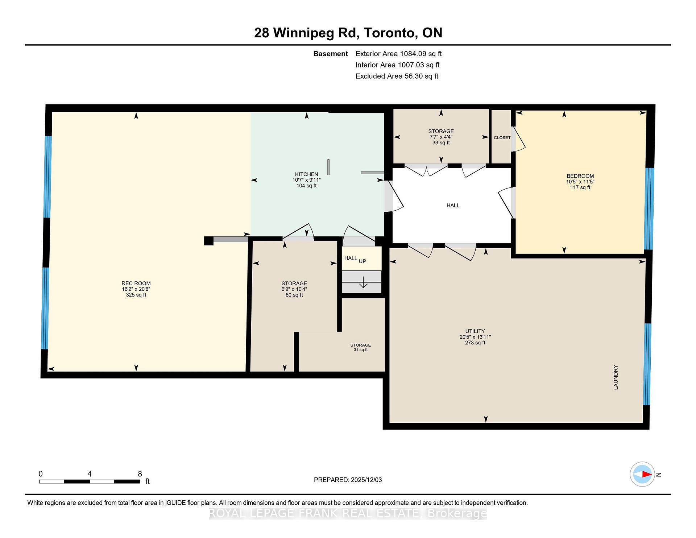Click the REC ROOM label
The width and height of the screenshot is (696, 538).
pyautogui.click(x=136, y=284)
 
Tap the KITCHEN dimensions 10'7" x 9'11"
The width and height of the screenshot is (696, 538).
pyautogui.click(x=306, y=180)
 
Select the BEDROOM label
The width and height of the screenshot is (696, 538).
pyautogui.click(x=580, y=176)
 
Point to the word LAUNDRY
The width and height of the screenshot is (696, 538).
pyautogui.click(x=616, y=377)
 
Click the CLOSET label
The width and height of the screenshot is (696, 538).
pyautogui.click(x=502, y=138)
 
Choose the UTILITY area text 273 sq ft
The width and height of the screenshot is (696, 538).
pyautogui.click(x=475, y=343)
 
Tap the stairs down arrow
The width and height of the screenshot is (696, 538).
pyautogui.click(x=363, y=282)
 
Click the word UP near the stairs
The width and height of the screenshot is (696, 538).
pyautogui.click(x=362, y=261)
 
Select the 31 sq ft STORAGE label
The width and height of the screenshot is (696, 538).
pyautogui.click(x=360, y=347)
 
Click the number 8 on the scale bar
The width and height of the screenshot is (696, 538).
pyautogui.click(x=140, y=474)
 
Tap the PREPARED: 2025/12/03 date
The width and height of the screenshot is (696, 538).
pyautogui.click(x=348, y=480)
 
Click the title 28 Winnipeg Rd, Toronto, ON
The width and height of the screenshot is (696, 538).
pyautogui.click(x=348, y=33)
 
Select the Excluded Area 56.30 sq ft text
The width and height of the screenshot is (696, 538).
pyautogui.click(x=397, y=76)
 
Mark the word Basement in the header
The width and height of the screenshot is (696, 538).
pyautogui.click(x=330, y=54)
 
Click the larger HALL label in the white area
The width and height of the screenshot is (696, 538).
pyautogui.click(x=453, y=206)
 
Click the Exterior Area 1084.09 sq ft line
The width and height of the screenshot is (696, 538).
pyautogui.click(x=398, y=54)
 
